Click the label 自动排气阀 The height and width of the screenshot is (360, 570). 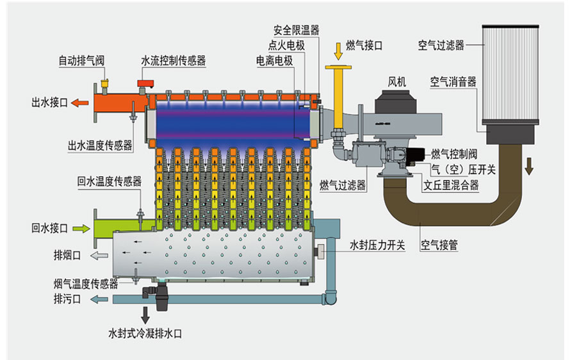tap(81, 61)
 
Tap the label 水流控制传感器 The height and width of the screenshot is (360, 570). tap(174, 61)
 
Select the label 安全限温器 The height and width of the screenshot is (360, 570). tap(296, 30)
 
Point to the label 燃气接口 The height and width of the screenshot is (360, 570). tap(364, 45)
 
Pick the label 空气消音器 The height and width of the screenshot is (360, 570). tap(453, 82)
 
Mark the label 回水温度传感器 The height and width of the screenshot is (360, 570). tap(109, 181)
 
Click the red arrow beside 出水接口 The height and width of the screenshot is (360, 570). tap(80, 102)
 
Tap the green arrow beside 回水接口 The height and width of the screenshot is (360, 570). tap(81, 227)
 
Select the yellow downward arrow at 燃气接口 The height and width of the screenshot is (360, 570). tap(338, 49)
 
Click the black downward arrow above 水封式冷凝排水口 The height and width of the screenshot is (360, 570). tap(145, 314)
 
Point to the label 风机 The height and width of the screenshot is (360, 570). tap(397, 81)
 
